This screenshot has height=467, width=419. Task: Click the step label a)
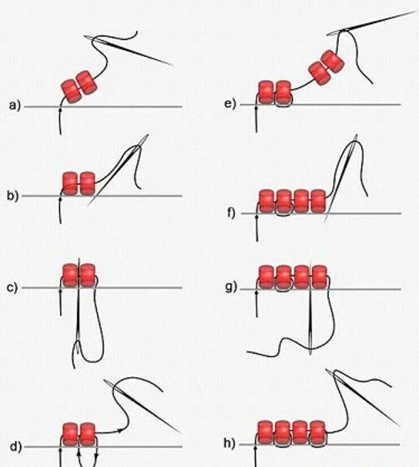14,105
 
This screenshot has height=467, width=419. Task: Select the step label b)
13,196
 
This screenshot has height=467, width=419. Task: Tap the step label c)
13,288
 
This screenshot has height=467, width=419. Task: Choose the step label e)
230,104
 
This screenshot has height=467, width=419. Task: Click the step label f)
230,213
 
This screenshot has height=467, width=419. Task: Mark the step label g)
230,288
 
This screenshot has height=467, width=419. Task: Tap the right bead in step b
87,183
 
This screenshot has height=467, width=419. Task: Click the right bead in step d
87,434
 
